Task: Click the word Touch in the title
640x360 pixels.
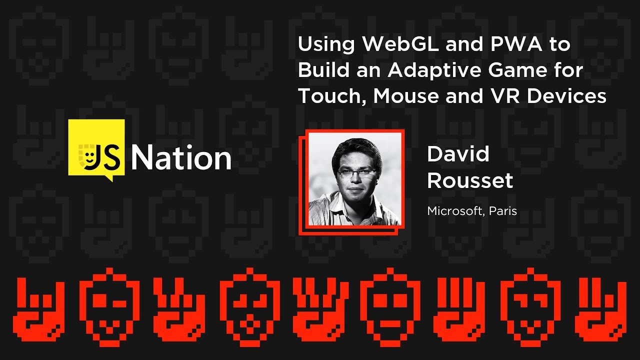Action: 329,96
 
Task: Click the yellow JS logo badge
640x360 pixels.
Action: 96,148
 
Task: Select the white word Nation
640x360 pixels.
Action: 181,158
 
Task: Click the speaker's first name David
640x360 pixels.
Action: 458,154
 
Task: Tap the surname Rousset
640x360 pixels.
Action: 470,180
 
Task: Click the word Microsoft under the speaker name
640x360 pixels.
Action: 454,211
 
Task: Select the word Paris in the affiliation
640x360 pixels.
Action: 503,211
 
